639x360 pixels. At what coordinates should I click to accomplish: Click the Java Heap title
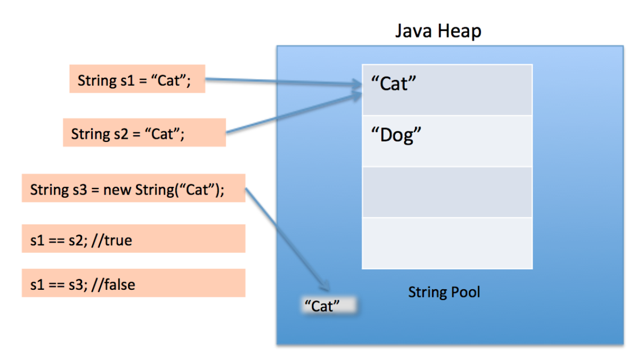pos(438,31)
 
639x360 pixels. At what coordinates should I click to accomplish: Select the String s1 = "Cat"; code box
pos(137,79)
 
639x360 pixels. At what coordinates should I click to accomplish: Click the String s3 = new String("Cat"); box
pos(133,188)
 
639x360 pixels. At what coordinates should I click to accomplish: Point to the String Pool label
pos(444,292)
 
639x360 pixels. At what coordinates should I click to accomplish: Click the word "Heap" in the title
pos(459,31)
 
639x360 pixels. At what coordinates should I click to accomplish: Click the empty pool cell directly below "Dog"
pos(447,192)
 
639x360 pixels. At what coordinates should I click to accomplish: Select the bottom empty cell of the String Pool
pos(447,243)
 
